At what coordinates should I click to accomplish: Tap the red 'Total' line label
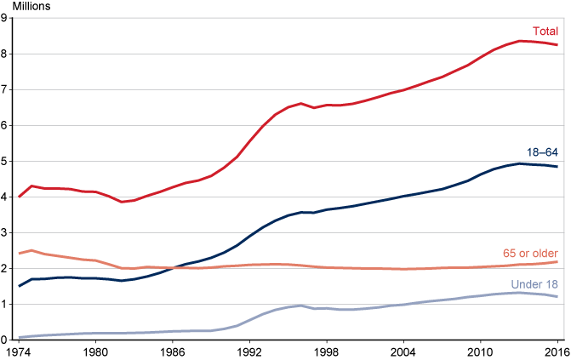(545, 31)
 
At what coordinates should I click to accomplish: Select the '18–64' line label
(541, 152)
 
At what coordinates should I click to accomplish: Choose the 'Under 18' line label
(534, 283)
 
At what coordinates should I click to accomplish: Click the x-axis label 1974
(18, 351)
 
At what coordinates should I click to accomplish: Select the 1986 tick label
(172, 351)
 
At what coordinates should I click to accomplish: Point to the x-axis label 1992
(248, 351)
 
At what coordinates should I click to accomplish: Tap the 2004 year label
(403, 351)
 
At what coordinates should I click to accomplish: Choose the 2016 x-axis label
(557, 351)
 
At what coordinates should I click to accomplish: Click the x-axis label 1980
(94, 351)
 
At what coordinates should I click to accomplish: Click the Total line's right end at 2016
(557, 45)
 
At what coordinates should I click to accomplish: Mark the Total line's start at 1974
(19, 197)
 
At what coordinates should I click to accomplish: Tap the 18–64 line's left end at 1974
(19, 285)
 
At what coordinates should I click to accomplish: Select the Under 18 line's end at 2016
(557, 296)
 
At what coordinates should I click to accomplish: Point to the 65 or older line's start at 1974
(19, 253)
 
